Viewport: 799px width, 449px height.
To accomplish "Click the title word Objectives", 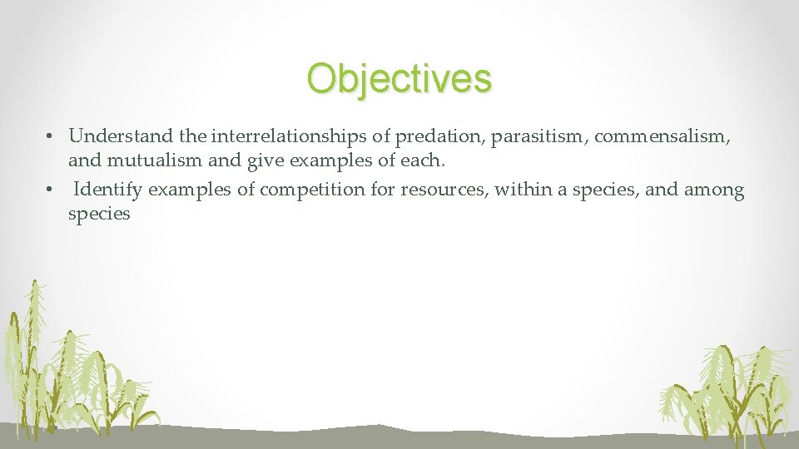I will click(x=399, y=78).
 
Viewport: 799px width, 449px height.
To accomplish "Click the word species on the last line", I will click(x=99, y=214).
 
